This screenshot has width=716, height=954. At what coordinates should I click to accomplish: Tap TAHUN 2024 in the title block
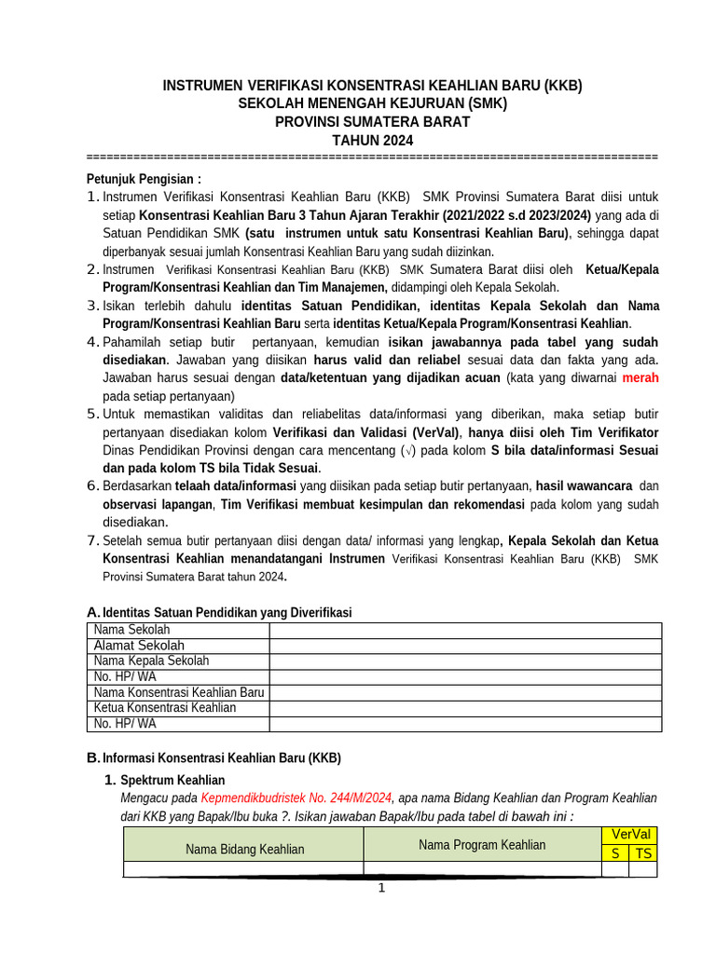pyautogui.click(x=372, y=141)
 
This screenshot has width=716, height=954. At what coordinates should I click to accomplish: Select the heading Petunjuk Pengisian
pyautogui.click(x=144, y=179)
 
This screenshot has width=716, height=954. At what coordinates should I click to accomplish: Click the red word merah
pyautogui.click(x=640, y=378)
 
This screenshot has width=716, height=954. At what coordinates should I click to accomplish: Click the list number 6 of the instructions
pyautogui.click(x=92, y=486)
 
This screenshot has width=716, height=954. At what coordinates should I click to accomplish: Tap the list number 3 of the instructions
pyautogui.click(x=92, y=306)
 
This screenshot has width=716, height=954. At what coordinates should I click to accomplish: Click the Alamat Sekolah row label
pyautogui.click(x=139, y=646)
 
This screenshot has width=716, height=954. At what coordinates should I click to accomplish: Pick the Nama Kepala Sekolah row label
pyautogui.click(x=151, y=661)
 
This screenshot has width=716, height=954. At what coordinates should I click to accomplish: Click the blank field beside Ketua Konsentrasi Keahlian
pyautogui.click(x=465, y=707)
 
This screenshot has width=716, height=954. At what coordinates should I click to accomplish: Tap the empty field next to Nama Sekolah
pyautogui.click(x=465, y=631)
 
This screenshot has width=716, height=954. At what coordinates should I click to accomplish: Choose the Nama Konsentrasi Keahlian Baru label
pyautogui.click(x=179, y=692)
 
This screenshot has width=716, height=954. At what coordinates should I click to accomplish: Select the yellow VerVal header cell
pyautogui.click(x=629, y=835)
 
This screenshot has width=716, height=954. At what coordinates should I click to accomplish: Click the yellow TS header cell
pyautogui.click(x=643, y=852)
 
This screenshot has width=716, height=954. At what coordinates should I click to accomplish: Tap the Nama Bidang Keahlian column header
pyautogui.click(x=244, y=849)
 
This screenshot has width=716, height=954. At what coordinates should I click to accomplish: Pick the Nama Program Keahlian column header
pyautogui.click(x=482, y=844)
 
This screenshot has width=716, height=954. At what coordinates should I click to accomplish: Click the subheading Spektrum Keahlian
pyautogui.click(x=172, y=780)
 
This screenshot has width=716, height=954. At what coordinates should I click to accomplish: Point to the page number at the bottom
pyautogui.click(x=380, y=888)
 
